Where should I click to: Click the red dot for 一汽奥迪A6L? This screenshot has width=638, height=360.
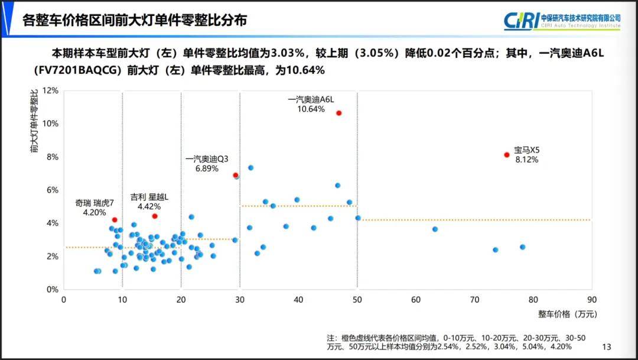coord(339,113)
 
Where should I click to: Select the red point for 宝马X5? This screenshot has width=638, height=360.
coord(507,155)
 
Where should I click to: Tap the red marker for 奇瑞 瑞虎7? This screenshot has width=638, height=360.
coord(115,220)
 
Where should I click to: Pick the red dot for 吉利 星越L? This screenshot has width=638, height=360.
coord(155,216)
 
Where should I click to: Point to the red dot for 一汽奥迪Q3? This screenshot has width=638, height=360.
coord(236,175)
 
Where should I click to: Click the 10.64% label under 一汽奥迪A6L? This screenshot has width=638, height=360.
coord(311,109)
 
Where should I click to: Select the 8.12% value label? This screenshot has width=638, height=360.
coord(526,160)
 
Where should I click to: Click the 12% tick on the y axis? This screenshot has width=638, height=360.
coord(51,90)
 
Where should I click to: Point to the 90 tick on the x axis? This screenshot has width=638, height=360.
coord(591,300)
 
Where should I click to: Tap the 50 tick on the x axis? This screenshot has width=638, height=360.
coord(357,300)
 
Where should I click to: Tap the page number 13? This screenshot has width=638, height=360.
coord(606,346)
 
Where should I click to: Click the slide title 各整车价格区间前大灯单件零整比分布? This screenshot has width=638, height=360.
coord(134,21)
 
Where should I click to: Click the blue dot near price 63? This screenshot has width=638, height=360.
coord(435,229)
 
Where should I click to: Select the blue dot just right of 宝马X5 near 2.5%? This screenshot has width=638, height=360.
coord(522,247)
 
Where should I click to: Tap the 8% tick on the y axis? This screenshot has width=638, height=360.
coord(53,157)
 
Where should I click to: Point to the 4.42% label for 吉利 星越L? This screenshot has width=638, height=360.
coord(149,207)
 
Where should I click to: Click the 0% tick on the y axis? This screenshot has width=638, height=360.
coord(53,290)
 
